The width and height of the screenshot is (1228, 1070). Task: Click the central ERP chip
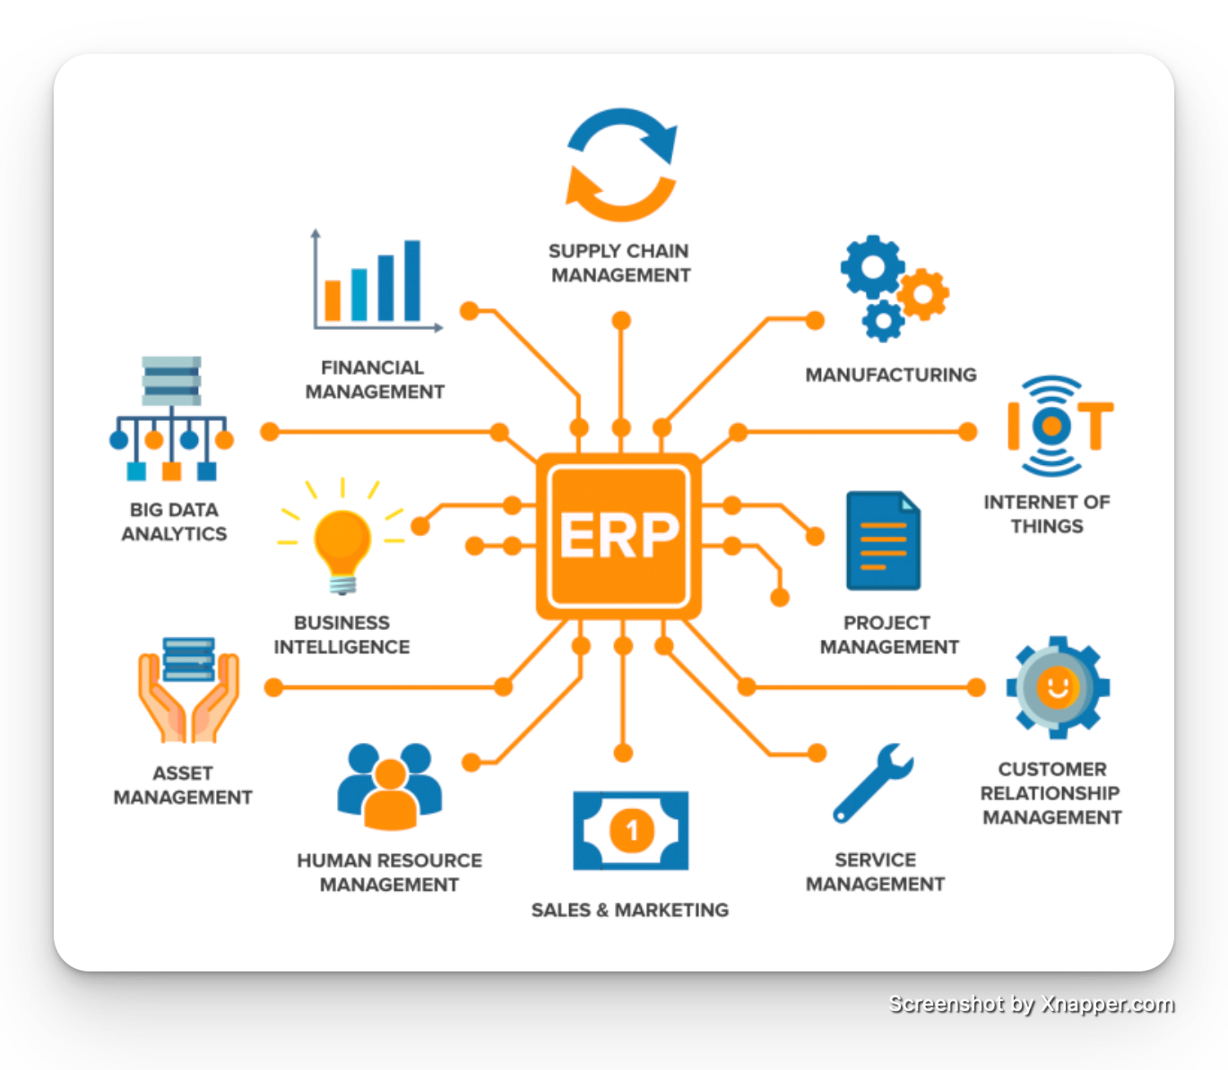618,535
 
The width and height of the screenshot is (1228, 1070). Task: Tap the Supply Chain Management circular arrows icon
620,166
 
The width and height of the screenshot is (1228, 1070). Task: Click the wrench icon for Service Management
872,782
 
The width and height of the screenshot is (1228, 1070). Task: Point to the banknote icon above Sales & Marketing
631,830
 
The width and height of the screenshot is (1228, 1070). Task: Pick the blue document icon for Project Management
883,540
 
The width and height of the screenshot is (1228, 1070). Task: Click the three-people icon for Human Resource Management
390,786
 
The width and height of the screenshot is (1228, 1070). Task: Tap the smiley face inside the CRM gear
1057,687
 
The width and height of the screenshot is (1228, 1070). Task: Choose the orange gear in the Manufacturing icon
923,294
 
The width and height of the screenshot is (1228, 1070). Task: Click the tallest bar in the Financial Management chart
412,280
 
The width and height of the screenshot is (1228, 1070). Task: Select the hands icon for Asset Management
188,690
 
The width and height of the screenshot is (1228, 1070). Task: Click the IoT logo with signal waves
1058,426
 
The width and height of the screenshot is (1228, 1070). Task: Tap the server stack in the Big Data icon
171,381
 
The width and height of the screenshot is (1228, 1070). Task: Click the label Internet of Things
1047,513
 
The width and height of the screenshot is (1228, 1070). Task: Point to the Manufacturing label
891,375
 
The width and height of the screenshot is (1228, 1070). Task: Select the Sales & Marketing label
630,910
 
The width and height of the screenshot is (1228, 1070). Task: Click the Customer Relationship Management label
1052,793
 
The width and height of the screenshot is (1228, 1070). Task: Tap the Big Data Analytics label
175,522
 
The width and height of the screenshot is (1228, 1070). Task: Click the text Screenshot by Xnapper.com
1030,1004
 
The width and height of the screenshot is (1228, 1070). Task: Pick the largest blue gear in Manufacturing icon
871,266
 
